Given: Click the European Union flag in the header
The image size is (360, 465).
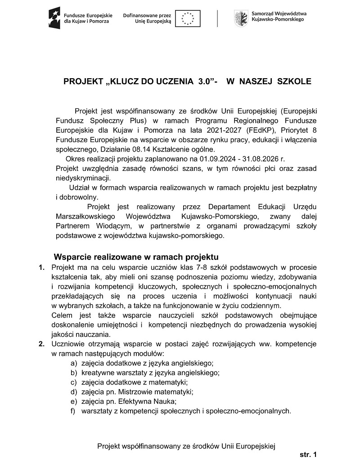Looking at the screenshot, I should pyautogui.click(x=188, y=18).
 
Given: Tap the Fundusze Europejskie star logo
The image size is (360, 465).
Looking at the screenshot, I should pyautogui.click(x=54, y=18).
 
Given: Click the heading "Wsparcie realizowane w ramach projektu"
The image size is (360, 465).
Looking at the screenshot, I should pyautogui.click(x=136, y=258).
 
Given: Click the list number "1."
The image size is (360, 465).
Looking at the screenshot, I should pyautogui.click(x=41, y=268).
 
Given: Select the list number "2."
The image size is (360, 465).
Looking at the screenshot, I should pyautogui.click(x=41, y=344).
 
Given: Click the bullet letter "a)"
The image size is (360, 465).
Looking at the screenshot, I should pyautogui.click(x=73, y=363).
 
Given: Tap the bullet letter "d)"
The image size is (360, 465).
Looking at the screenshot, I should pyautogui.click(x=73, y=392).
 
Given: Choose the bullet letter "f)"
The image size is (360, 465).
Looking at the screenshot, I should pyautogui.click(x=73, y=411).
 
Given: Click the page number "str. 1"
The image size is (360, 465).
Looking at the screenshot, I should pyautogui.click(x=308, y=455).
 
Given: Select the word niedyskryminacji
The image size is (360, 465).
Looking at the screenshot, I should pyautogui.click(x=83, y=178).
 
